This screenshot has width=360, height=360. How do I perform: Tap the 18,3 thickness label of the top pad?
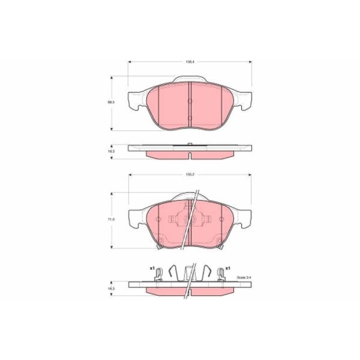pos(109,153)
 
